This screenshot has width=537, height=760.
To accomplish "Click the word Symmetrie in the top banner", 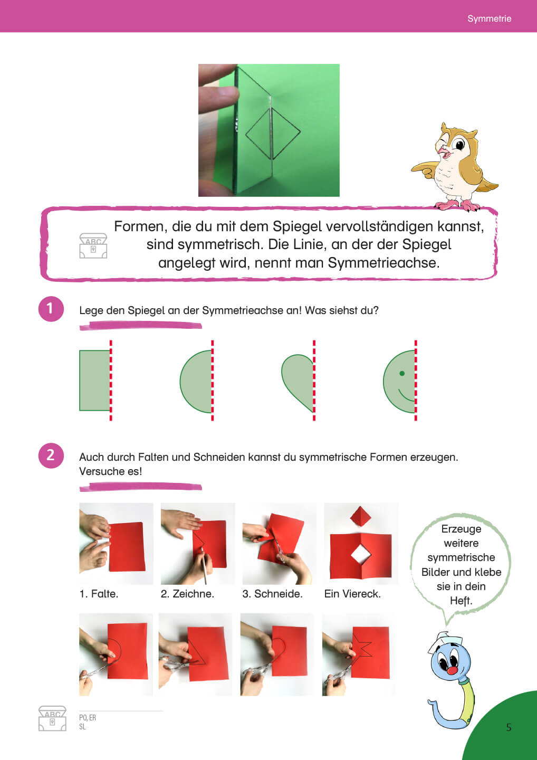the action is coord(489,18).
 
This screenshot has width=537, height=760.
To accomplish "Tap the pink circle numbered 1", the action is coord(51,309).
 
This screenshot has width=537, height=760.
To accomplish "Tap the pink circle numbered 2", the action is coord(51,455).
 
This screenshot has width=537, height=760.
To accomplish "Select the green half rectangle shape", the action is coord(94,381).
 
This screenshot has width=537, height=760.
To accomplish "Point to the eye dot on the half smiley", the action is coord(402,373).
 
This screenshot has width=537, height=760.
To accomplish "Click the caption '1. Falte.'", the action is coord(99,594).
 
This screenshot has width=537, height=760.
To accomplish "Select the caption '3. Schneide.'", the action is coord(272,594).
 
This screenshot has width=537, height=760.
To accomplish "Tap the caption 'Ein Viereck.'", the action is coord(352,594).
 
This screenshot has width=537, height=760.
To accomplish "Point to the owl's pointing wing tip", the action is coord(413,168).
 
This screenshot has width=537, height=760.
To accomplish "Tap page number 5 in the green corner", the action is coord(509,727).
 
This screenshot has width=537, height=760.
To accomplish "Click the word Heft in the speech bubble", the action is coord(461,601).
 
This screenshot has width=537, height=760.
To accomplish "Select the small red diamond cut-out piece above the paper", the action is coord(360,516).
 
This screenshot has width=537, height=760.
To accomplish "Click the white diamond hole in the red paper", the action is coord(361,555).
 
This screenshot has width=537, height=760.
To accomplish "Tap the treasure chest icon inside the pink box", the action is coord(93,245).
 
